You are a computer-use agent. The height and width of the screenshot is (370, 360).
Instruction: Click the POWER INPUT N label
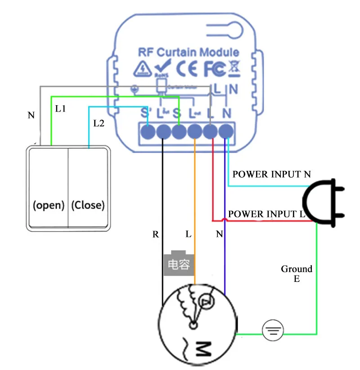pos(271,174)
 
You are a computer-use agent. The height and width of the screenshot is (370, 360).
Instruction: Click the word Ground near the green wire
pos(297,269)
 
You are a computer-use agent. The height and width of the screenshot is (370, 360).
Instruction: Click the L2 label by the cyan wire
pos(99,123)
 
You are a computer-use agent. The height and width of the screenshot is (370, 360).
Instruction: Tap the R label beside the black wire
pos(156,234)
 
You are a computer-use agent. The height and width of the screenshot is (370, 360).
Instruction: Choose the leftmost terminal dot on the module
pos(148,132)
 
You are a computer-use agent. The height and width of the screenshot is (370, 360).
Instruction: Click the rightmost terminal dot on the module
pos(227,132)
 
